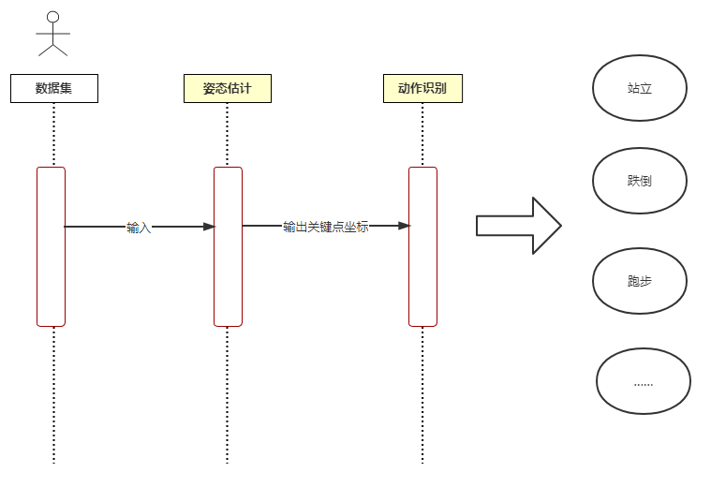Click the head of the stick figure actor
[x=53, y=17]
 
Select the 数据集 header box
[x=54, y=88]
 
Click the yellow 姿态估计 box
[x=228, y=88]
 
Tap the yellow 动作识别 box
[x=422, y=88]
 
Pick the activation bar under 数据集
[x=51, y=246]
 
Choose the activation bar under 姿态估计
[x=228, y=246]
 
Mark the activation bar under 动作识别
[x=422, y=246]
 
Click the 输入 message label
[x=139, y=228]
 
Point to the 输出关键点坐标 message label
[x=326, y=227]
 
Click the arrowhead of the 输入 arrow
[x=209, y=227]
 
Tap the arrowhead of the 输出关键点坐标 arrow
[x=404, y=226]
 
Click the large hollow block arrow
[x=519, y=226]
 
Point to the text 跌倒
[x=640, y=181]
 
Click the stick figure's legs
[x=52, y=50]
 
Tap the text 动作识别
[x=422, y=88]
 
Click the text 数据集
[x=53, y=88]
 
